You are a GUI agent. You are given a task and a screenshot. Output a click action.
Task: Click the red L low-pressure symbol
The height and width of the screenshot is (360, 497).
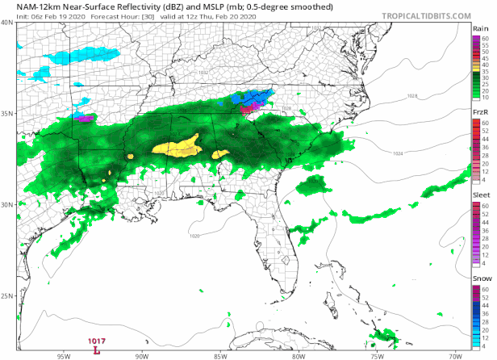pos(97,350)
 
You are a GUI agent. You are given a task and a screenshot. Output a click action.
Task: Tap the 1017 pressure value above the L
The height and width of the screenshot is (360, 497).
pos(97,341)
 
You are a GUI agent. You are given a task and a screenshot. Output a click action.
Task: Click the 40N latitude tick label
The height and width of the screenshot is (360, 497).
pos(7,22)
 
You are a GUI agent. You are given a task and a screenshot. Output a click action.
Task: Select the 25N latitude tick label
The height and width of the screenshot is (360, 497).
pos(7,295)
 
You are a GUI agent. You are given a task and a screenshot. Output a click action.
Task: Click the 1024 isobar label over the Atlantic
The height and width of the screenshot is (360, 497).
pos(398,153)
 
